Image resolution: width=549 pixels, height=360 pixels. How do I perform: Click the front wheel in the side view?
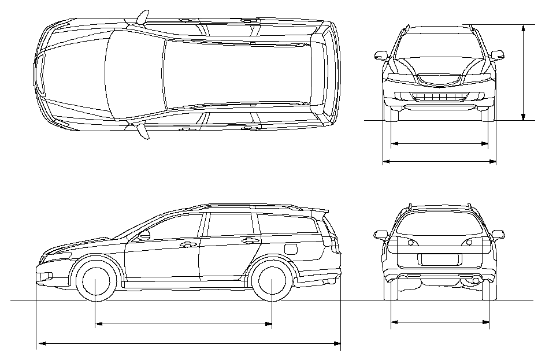(x=95, y=282)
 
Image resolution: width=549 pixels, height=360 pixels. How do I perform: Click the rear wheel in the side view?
(x=271, y=282)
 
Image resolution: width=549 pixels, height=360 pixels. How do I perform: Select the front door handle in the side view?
(x=187, y=244)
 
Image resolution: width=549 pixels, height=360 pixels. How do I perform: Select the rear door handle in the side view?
(x=250, y=240)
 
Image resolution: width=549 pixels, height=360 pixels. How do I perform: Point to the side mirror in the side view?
(x=144, y=235)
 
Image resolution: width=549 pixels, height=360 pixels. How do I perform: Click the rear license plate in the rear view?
(x=438, y=259)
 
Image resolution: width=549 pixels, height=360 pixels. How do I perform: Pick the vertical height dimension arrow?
(x=524, y=72)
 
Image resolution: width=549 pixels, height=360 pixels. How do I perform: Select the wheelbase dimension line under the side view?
(x=183, y=324)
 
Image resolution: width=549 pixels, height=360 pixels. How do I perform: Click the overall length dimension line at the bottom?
(x=188, y=344)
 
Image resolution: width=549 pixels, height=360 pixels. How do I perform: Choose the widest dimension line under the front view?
(x=439, y=162)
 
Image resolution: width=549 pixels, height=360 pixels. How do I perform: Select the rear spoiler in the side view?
(x=319, y=211)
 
